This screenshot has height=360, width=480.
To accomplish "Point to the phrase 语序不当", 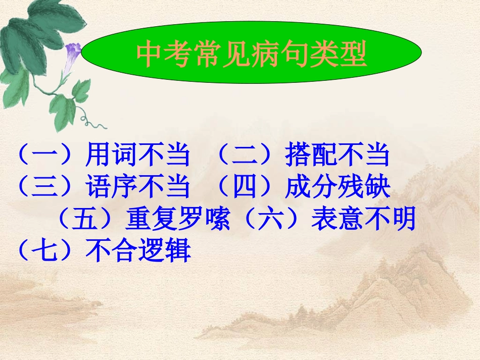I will [x=137, y=188].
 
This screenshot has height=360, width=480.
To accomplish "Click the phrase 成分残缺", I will [x=337, y=188].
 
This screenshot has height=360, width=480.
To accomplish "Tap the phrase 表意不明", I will [x=362, y=220].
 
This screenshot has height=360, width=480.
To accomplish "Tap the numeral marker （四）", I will [x=248, y=188].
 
